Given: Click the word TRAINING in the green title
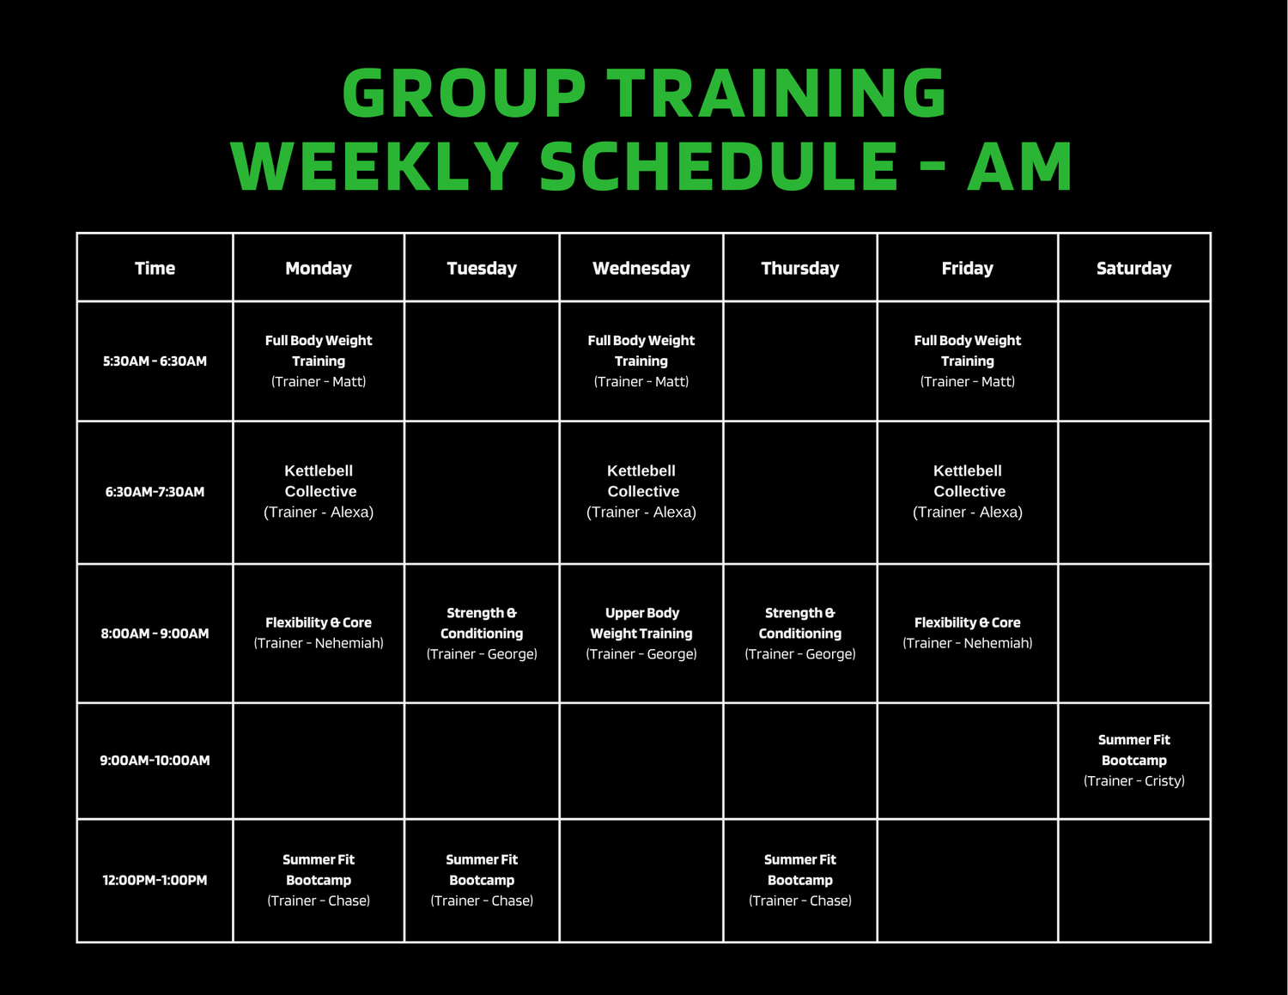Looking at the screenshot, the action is click(x=776, y=93).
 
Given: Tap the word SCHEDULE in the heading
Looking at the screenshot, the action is click(x=718, y=167).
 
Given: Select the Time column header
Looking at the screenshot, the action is click(x=155, y=269).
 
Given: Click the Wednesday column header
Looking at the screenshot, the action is click(x=641, y=269).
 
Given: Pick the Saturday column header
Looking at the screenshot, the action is click(x=1134, y=269).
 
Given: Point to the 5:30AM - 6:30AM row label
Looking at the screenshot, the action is click(x=155, y=361).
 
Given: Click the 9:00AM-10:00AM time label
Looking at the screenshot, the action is click(x=155, y=761).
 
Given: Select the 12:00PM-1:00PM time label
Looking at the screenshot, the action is click(x=155, y=880).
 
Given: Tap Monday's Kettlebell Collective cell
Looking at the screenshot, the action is click(x=319, y=491).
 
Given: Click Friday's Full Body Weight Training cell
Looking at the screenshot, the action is click(x=968, y=361).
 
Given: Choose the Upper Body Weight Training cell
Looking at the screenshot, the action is click(x=641, y=634).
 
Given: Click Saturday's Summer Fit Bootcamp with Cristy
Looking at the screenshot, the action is click(x=1134, y=761).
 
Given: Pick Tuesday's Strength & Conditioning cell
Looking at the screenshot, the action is click(x=482, y=634).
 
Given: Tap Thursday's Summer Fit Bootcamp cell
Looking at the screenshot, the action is click(x=800, y=880).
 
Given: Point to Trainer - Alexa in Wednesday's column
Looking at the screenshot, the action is click(x=641, y=512).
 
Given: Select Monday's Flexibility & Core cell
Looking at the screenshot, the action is click(x=319, y=633).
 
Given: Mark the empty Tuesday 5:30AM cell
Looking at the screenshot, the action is click(x=482, y=361).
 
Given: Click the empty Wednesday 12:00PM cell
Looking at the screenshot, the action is click(x=641, y=881).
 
